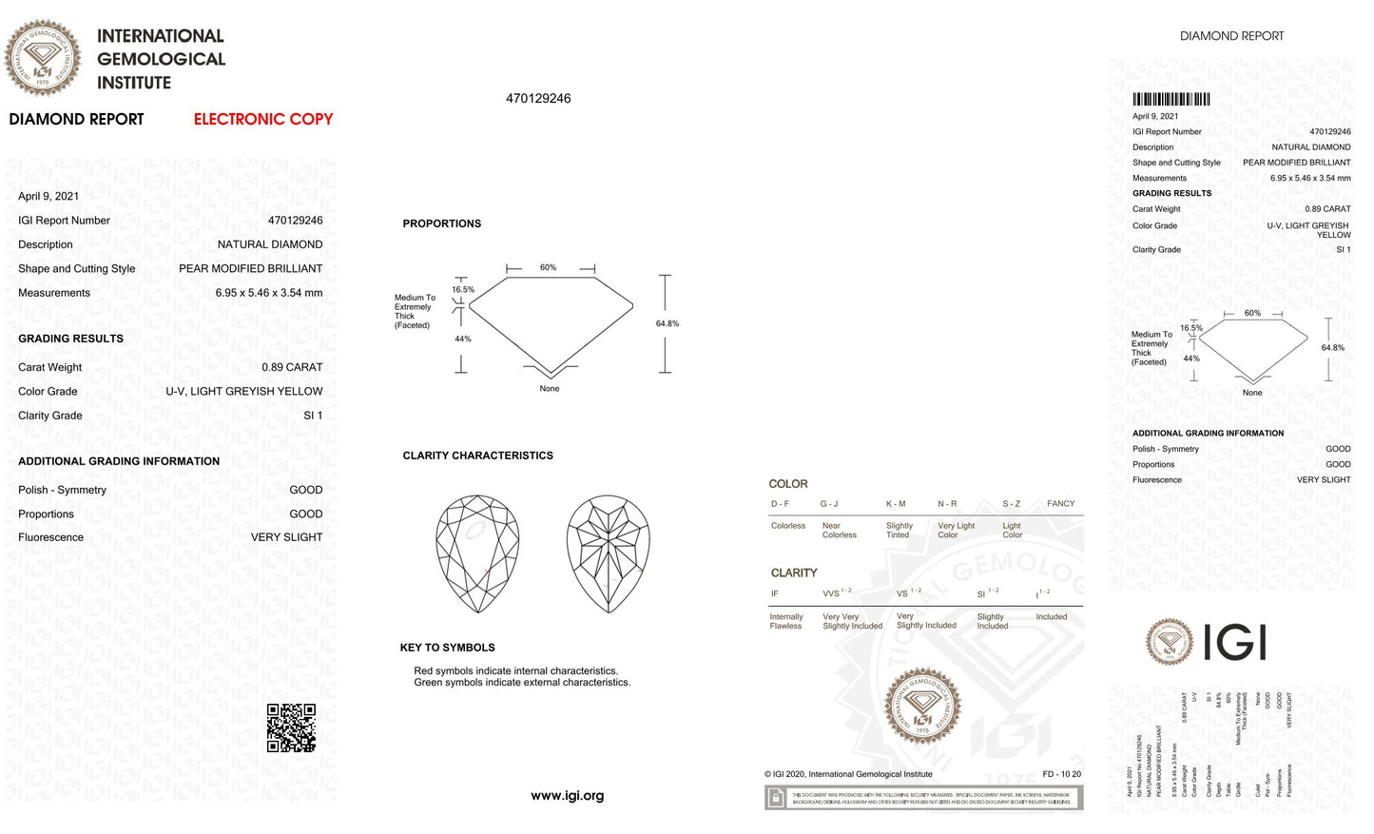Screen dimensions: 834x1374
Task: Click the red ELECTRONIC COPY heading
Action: point(263,119)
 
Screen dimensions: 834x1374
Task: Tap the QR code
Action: point(291,727)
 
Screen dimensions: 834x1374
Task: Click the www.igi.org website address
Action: point(568,796)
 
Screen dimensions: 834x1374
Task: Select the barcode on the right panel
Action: point(1171,99)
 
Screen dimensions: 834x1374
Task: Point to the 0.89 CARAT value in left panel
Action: point(292,367)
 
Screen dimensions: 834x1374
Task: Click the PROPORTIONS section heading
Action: point(442,223)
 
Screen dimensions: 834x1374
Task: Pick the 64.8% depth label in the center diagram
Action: point(668,323)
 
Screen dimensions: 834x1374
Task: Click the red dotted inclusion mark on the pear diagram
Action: point(475,529)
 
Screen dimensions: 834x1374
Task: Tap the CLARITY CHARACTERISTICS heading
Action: point(477,456)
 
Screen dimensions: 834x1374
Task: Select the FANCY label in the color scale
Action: point(1060,503)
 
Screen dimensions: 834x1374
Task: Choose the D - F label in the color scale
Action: point(781,503)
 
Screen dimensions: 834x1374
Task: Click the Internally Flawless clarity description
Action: point(786,621)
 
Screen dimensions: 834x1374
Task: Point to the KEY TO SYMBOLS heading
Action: point(447,648)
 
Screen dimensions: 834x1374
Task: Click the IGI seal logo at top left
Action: point(43,58)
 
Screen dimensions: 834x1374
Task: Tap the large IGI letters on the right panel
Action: point(1234,643)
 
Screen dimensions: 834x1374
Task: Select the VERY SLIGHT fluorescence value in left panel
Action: point(286,537)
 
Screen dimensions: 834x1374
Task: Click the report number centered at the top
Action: point(538,99)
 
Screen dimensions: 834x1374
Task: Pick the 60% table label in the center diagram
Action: point(549,267)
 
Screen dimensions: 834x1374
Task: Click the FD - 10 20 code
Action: point(1061,774)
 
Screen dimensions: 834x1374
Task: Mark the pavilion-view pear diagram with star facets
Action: point(609,553)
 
